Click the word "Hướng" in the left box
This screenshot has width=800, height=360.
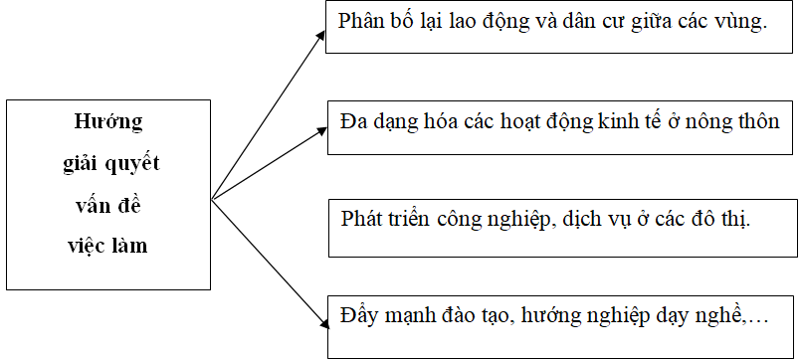[x=109, y=122]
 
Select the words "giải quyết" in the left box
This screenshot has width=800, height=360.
[x=109, y=164]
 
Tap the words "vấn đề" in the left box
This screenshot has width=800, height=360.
[x=109, y=205]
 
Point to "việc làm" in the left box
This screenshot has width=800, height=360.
[x=109, y=246]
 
